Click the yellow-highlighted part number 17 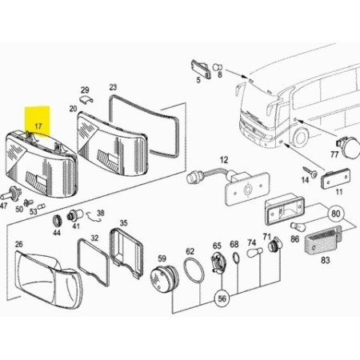38,126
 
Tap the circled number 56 222,298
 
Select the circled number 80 336,214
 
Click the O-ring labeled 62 194,270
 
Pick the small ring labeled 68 236,258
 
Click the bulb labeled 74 255,252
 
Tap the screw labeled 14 310,172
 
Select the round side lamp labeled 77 348,148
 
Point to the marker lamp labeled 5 201,69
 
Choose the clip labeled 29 86,99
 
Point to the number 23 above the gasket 113,87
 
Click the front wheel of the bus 300,138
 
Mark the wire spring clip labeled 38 94,216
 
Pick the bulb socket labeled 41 75,214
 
